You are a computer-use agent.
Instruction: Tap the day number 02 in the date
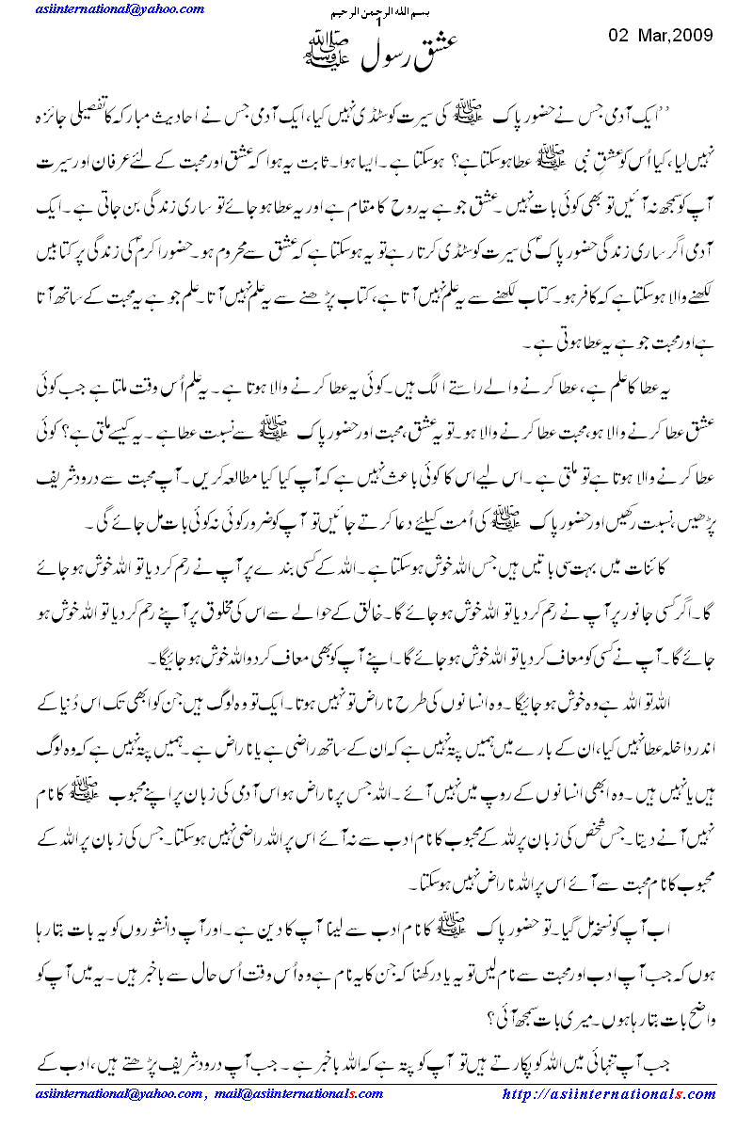click(618, 36)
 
